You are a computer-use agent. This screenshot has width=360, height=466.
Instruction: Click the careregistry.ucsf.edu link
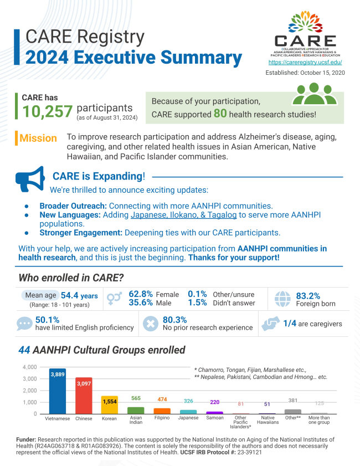click(x=305, y=63)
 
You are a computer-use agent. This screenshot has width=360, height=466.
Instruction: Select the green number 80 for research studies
click(x=220, y=114)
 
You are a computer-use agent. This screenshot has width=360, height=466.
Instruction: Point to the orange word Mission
click(x=38, y=138)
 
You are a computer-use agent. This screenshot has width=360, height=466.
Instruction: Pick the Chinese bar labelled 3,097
click(x=84, y=396)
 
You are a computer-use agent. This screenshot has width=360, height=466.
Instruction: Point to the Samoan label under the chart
click(x=214, y=418)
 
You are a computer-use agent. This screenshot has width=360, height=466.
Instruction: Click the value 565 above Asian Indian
click(x=136, y=398)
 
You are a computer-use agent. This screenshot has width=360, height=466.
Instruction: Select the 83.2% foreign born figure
click(x=308, y=296)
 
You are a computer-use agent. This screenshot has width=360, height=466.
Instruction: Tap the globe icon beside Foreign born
click(x=282, y=299)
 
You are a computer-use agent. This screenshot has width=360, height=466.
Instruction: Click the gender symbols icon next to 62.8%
click(x=115, y=299)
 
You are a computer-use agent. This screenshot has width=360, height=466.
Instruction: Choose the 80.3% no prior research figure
click(x=174, y=320)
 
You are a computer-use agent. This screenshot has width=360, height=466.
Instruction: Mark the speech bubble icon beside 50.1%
click(x=25, y=324)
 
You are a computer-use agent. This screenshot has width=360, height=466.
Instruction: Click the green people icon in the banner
click(x=314, y=95)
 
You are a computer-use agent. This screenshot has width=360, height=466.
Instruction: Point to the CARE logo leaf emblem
click(x=304, y=25)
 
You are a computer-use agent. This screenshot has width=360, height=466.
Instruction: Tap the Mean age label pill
click(x=39, y=295)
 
